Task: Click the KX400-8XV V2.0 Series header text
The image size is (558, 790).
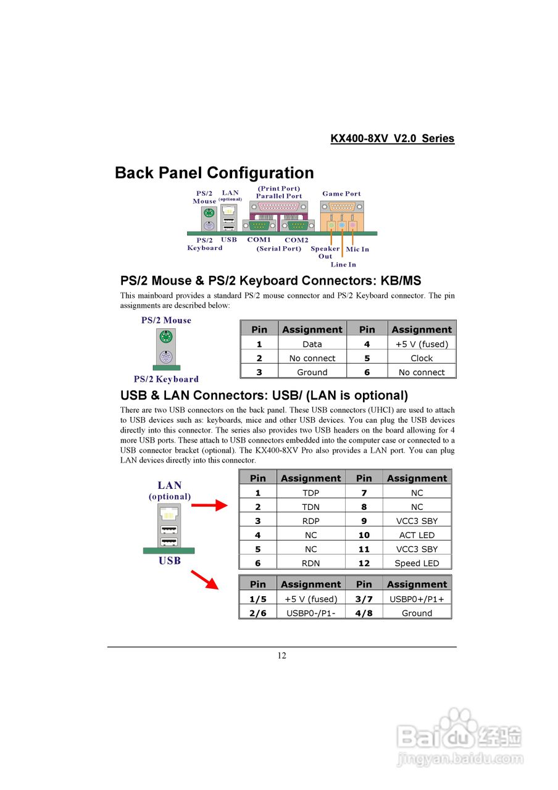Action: [x=392, y=138]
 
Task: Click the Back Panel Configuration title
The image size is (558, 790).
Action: [x=214, y=173]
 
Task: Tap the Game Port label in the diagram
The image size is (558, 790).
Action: [x=341, y=194]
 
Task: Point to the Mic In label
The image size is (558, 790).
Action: [x=357, y=249]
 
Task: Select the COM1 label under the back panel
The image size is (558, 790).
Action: [x=259, y=239]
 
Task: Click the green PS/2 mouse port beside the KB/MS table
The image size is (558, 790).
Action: [x=165, y=337]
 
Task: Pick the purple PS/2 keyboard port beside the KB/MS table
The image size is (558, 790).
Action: [x=165, y=357]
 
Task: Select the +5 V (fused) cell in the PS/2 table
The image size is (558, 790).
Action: [x=422, y=344]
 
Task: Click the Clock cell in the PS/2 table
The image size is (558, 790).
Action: [x=422, y=358]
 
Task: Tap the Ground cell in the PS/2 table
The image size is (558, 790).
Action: [x=312, y=372]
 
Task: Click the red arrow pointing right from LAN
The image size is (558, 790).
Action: [x=209, y=506]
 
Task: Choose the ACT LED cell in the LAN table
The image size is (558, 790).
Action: [x=417, y=535]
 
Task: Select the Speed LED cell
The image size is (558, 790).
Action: [x=417, y=563]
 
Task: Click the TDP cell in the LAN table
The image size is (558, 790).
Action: [x=310, y=493]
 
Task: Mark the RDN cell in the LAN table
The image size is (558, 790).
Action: [x=310, y=563]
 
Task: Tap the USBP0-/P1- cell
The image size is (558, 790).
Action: [x=310, y=613]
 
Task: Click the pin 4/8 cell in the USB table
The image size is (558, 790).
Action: [x=364, y=613]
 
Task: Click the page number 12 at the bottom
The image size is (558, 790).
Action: [x=281, y=655]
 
